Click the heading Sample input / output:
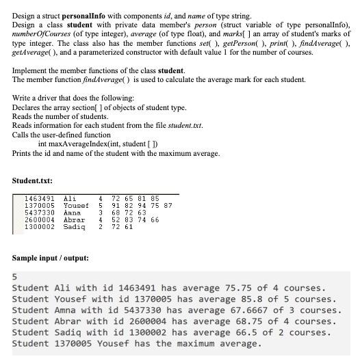(51, 258)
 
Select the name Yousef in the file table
(76, 206)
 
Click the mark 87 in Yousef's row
(168, 206)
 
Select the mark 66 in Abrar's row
(155, 220)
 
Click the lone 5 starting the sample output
(15, 278)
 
